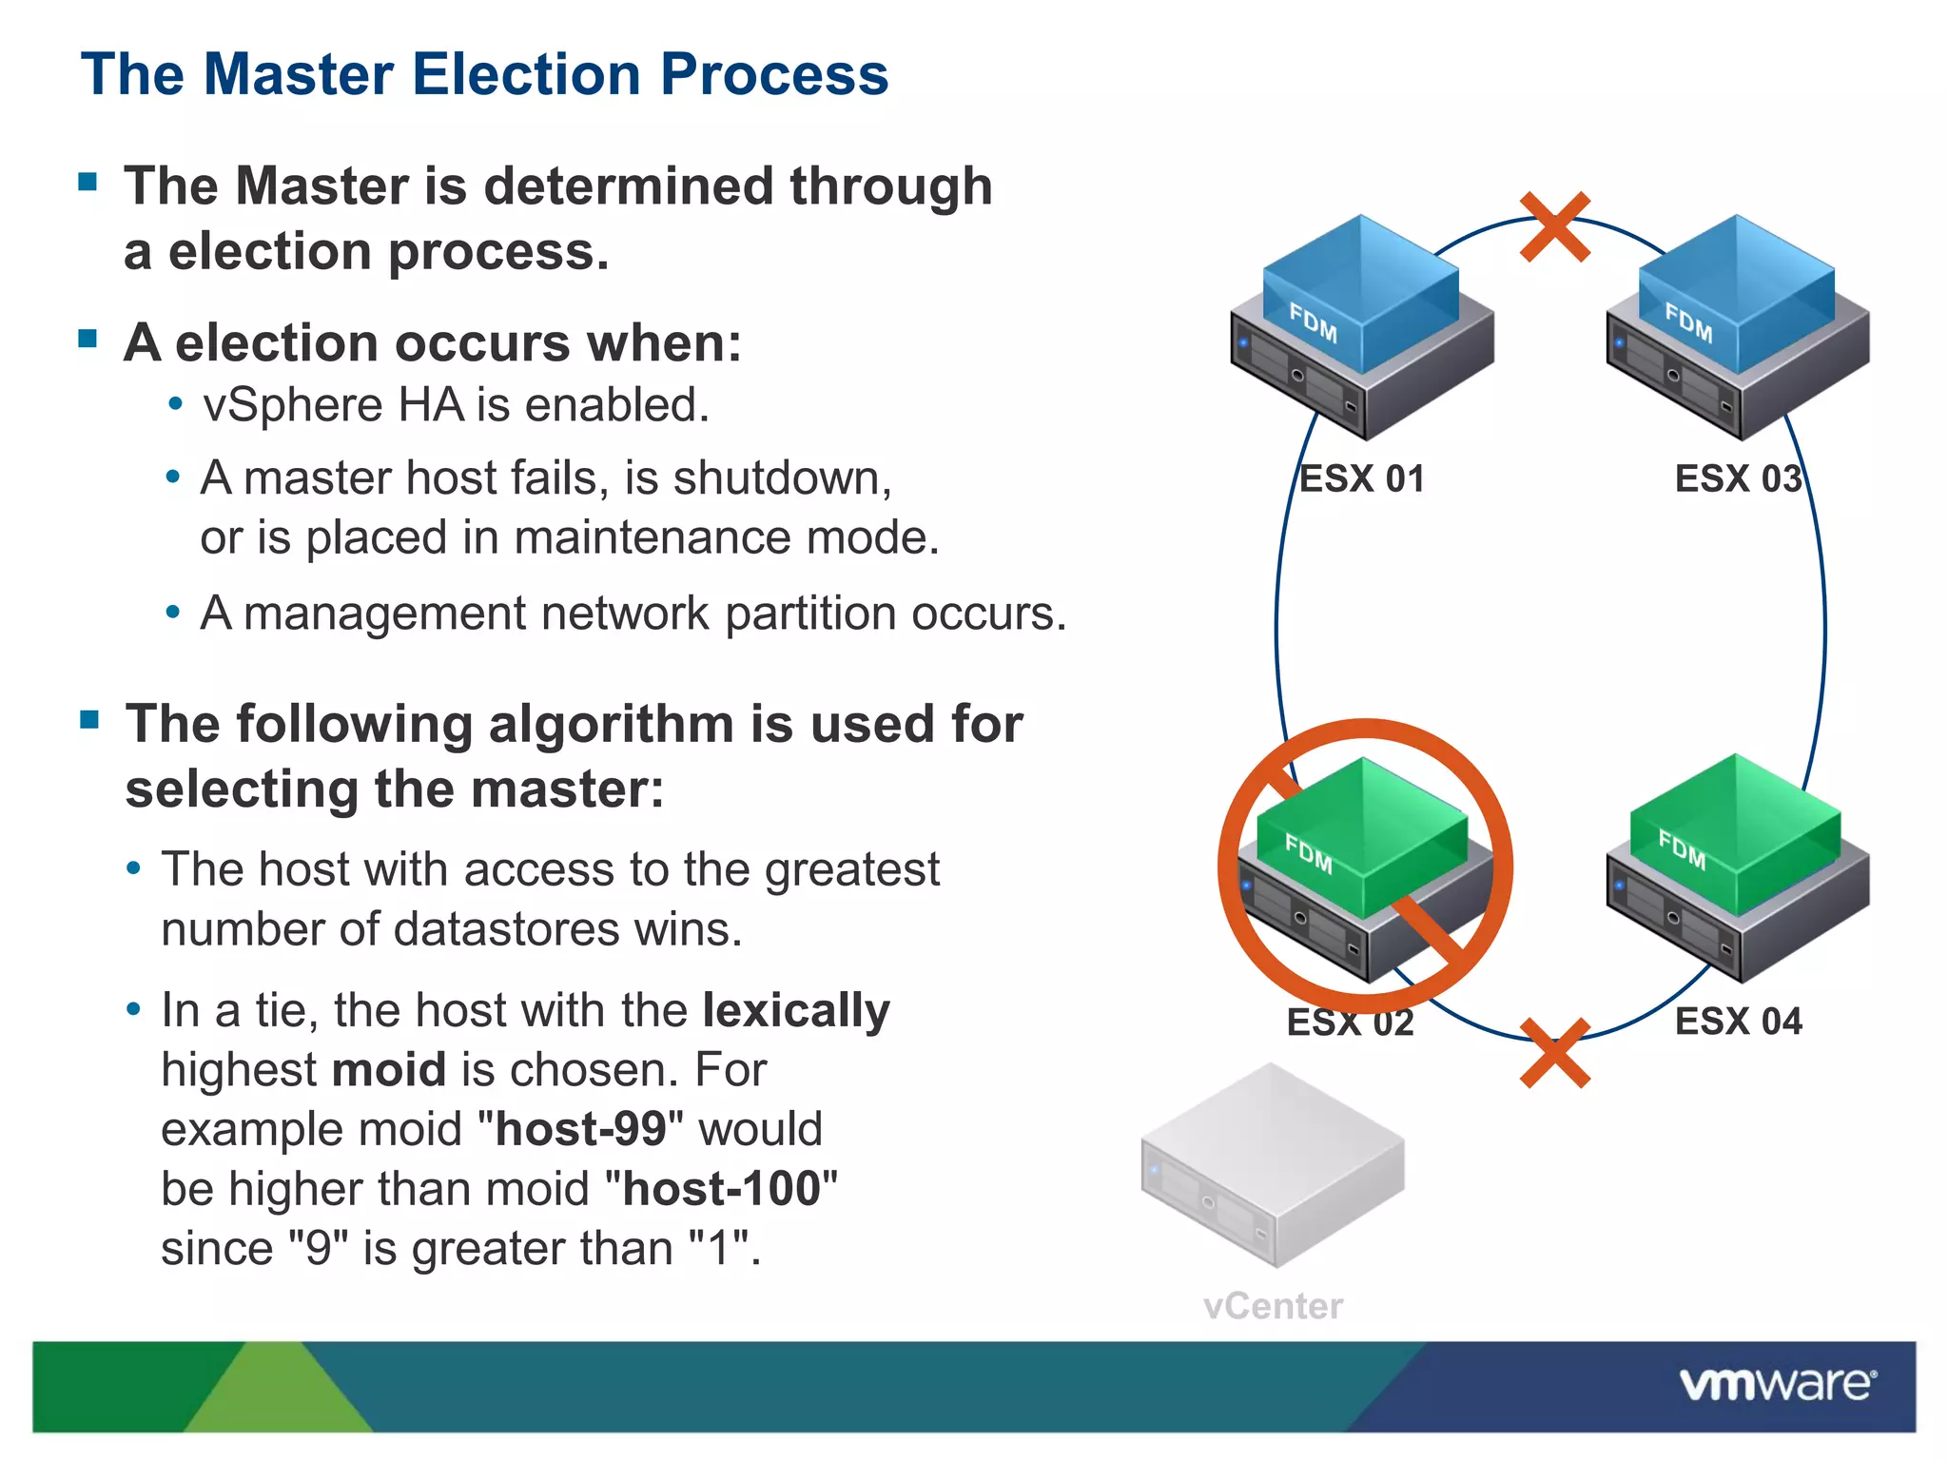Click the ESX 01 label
[x=1361, y=478]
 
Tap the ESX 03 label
[x=1737, y=478]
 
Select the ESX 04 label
[x=1738, y=1022]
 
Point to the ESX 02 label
[x=1350, y=1023]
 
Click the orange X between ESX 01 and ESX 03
[x=1554, y=226]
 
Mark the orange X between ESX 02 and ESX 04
[x=1554, y=1053]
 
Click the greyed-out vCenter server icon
[x=1272, y=1166]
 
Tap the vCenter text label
[x=1272, y=1306]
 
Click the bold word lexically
[x=795, y=1010]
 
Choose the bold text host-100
[x=721, y=1190]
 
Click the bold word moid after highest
[x=388, y=1070]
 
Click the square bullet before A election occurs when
[x=88, y=339]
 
